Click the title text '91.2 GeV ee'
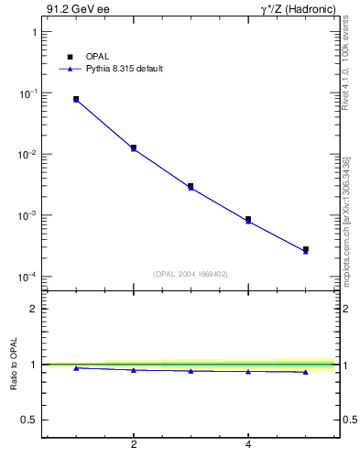(71, 10)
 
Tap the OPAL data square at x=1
(76, 99)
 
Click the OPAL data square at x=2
(134, 147)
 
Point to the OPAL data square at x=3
(191, 186)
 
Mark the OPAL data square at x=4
(248, 220)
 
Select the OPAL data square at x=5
(306, 249)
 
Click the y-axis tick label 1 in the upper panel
(34, 32)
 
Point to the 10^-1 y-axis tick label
(28, 93)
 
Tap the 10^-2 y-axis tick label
(28, 154)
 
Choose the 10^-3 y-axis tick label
(28, 215)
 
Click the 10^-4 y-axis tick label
(28, 276)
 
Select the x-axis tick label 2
(134, 445)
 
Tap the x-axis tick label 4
(248, 445)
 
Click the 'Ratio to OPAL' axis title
(14, 365)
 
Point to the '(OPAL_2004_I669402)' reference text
(191, 274)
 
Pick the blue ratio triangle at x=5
(306, 372)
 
